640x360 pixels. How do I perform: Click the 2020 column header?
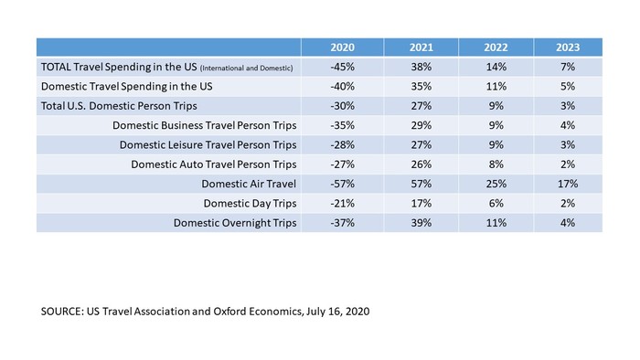click(342, 48)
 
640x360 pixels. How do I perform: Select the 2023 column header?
click(568, 48)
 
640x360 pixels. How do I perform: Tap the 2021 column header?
click(421, 48)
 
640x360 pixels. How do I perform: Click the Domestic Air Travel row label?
click(249, 184)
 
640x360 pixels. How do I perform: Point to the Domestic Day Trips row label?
click(250, 204)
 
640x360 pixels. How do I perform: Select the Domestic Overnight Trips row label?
click(235, 223)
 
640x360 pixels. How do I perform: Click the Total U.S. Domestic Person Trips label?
click(119, 106)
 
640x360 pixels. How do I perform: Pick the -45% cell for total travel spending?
click(342, 67)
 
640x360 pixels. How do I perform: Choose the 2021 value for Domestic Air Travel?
click(421, 184)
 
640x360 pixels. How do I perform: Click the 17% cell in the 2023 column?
click(568, 184)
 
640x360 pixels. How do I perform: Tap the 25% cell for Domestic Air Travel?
click(496, 184)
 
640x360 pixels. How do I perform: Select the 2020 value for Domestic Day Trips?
click(342, 204)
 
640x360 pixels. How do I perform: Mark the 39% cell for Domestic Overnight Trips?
click(421, 223)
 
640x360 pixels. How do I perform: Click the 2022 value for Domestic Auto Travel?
click(496, 164)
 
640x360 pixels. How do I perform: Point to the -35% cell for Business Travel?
click(342, 125)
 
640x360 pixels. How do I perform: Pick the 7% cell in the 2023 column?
click(568, 67)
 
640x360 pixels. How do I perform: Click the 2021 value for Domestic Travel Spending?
click(421, 87)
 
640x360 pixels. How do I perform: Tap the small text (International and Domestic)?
click(246, 69)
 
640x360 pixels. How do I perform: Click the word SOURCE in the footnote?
click(62, 312)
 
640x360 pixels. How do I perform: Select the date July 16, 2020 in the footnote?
click(337, 312)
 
